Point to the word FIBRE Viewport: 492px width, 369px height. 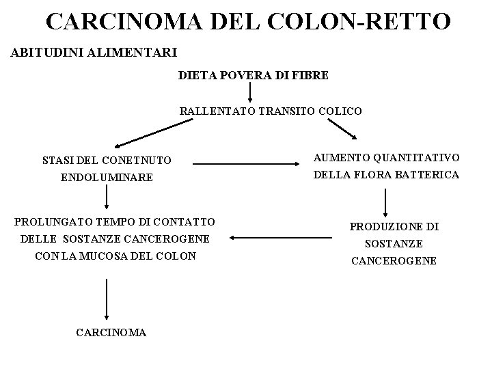[x=312, y=75]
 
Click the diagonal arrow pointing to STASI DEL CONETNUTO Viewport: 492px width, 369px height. [x=153, y=133]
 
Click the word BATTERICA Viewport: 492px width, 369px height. [x=427, y=175]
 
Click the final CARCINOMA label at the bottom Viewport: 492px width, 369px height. [x=112, y=333]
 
